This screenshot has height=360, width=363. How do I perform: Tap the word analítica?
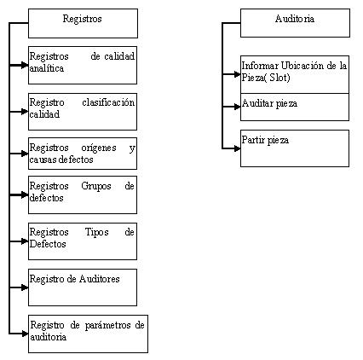pyautogui.click(x=47, y=68)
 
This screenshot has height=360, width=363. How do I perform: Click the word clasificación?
pyautogui.click(x=108, y=102)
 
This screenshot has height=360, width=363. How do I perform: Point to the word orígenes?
pyautogui.click(x=99, y=148)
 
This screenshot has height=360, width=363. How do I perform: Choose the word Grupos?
pyautogui.click(x=96, y=186)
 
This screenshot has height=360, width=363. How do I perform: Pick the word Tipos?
pyautogui.click(x=96, y=232)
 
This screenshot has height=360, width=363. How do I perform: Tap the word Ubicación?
pyautogui.click(x=302, y=66)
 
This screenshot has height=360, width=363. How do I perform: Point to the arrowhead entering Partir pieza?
pyautogui.click(x=237, y=148)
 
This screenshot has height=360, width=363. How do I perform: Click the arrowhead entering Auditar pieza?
pyautogui.click(x=237, y=107)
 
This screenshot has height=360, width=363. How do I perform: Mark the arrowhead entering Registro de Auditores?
pyautogui.click(x=25, y=287)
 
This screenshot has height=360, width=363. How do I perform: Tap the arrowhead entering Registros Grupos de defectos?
pyautogui.click(x=25, y=195)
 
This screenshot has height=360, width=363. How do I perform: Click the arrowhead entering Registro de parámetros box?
pyautogui.click(x=25, y=334)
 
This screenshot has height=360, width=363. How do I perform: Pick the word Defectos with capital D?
pyautogui.click(x=48, y=244)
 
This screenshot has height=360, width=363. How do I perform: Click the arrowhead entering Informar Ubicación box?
pyautogui.click(x=237, y=74)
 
